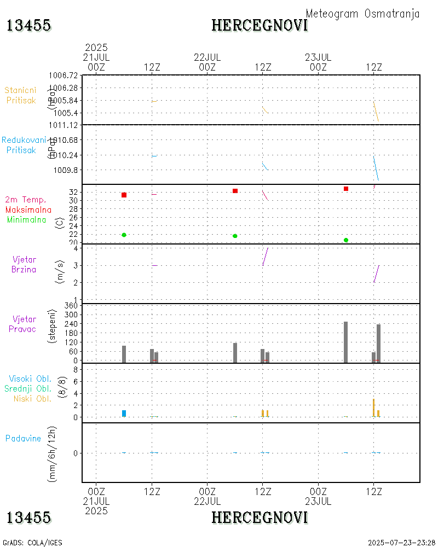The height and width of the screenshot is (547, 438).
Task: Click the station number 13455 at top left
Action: [28, 25]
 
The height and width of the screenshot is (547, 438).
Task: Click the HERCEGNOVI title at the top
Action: [260, 25]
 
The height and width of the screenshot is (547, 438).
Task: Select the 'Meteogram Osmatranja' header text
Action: [362, 14]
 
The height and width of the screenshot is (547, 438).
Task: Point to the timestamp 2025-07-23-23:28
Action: [402, 543]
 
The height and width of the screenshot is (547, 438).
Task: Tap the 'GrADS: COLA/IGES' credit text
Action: [32, 543]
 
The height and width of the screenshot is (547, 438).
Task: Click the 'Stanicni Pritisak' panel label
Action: [21, 95]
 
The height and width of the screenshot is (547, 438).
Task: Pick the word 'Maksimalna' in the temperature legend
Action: [28, 210]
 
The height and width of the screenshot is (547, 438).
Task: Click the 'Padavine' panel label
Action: [24, 438]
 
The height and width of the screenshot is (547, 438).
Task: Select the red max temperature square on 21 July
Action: [124, 195]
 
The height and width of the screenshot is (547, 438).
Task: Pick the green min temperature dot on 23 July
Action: [346, 240]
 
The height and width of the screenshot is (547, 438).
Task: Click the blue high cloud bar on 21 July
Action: [124, 414]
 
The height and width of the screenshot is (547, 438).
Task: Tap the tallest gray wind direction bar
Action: [346, 342]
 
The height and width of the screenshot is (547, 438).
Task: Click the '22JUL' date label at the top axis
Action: [207, 57]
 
